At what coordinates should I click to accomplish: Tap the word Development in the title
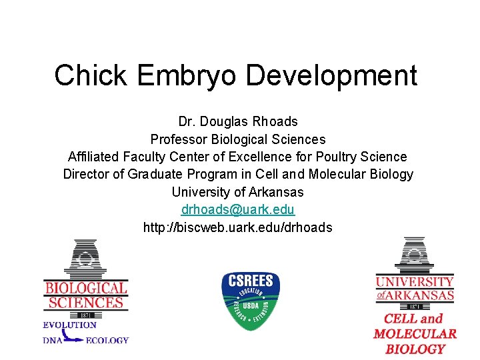(x=332, y=75)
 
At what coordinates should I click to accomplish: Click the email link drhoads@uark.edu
(x=238, y=209)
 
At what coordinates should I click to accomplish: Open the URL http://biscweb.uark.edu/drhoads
(x=238, y=227)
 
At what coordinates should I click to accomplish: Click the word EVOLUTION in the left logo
(x=70, y=325)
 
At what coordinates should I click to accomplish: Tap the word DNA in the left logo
(x=53, y=341)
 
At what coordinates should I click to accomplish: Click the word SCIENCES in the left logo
(x=85, y=303)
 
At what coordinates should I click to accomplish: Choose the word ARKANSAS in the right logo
(x=421, y=295)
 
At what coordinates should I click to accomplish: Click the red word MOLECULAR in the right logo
(x=415, y=334)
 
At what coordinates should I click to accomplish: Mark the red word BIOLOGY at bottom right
(x=415, y=349)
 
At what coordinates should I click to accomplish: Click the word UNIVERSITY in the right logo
(x=414, y=281)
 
